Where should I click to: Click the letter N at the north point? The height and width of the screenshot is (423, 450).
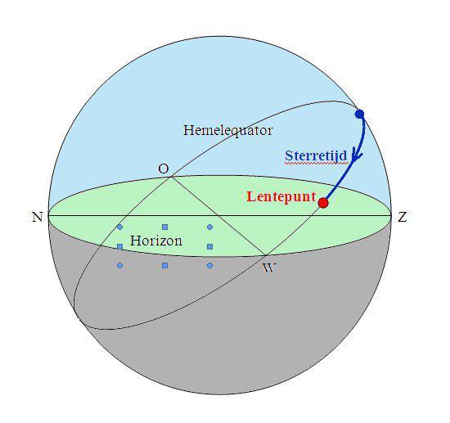click(38, 217)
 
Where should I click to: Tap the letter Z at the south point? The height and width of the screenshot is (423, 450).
click(403, 217)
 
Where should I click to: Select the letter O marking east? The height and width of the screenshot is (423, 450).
click(164, 169)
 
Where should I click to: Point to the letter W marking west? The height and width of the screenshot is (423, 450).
click(269, 268)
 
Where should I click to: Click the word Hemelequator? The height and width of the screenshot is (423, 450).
click(228, 130)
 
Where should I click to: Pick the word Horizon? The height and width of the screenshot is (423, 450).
click(156, 241)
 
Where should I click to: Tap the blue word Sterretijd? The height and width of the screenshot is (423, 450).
click(316, 155)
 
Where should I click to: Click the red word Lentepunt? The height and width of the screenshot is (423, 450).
click(281, 197)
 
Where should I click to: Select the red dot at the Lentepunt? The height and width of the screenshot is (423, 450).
click(323, 203)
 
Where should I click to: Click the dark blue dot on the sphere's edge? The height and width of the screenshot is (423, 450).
click(359, 115)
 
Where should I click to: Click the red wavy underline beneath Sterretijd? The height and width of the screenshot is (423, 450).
click(316, 164)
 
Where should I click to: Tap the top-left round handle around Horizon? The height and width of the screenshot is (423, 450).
click(120, 227)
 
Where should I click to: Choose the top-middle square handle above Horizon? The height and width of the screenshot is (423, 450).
click(164, 227)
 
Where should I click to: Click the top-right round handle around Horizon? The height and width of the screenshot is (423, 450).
click(209, 227)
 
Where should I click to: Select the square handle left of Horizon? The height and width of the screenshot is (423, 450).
click(120, 246)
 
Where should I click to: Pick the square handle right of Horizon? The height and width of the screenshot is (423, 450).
click(209, 246)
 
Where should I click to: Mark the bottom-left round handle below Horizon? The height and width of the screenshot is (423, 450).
click(120, 266)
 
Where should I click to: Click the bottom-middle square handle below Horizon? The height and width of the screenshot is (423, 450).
click(164, 266)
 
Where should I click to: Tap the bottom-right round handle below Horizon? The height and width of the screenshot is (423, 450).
click(209, 266)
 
